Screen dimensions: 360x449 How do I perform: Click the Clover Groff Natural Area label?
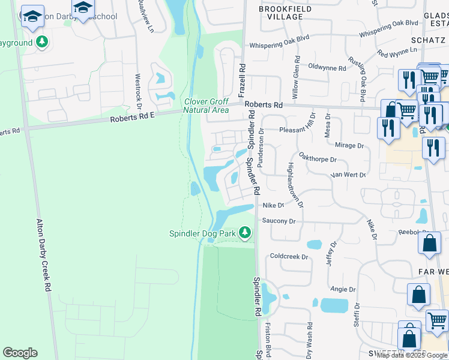(206, 106)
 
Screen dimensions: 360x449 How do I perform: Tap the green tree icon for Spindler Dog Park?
(244, 233)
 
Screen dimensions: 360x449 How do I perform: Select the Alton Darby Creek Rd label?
(43, 255)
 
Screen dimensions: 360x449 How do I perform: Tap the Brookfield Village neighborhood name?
(281, 13)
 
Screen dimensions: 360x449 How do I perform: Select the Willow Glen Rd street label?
(296, 79)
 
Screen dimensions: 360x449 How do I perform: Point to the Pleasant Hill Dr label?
(297, 129)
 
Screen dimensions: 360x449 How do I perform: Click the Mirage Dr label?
(349, 145)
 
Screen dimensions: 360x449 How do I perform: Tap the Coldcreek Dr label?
(289, 256)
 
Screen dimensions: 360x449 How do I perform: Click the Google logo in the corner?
(20, 353)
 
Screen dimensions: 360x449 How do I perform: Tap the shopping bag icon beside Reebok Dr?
(430, 244)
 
